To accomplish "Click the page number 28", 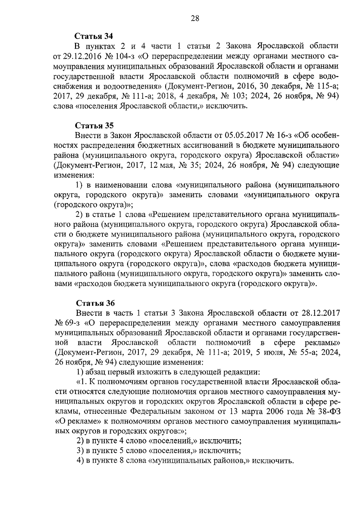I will coord(195,19).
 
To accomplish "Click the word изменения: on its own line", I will coord(74,175).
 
